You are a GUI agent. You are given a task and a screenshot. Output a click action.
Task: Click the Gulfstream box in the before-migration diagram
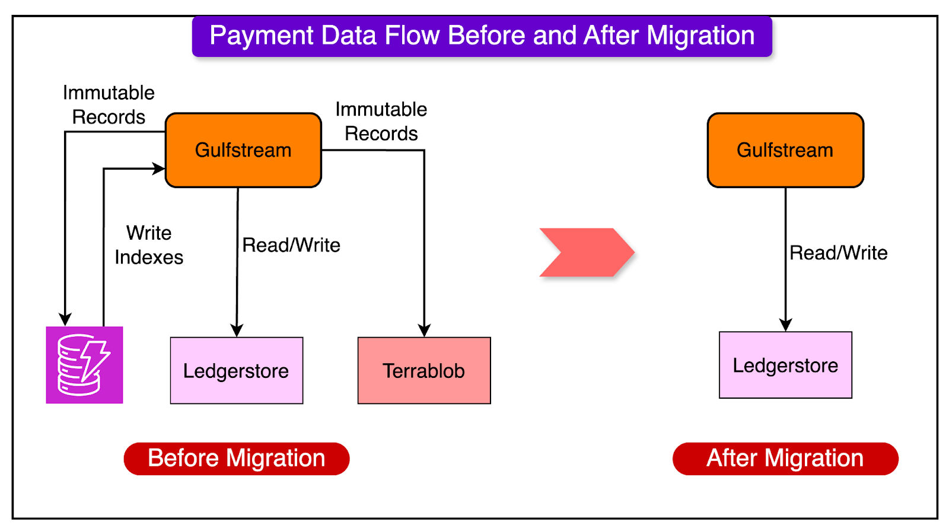(243, 150)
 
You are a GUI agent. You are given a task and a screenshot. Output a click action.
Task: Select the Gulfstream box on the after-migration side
(785, 150)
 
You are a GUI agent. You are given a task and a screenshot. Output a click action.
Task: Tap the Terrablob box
(424, 371)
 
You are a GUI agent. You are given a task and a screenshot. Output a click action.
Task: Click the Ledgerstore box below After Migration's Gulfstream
(785, 365)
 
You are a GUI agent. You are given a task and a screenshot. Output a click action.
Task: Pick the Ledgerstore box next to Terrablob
(236, 371)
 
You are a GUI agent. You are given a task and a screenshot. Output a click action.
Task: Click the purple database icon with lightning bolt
(84, 365)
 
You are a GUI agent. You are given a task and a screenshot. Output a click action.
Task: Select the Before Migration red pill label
(236, 459)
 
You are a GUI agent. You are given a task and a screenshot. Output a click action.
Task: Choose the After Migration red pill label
(785, 459)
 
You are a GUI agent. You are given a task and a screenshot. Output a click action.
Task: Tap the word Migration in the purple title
(700, 36)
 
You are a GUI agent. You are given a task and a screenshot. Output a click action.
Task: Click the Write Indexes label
(149, 245)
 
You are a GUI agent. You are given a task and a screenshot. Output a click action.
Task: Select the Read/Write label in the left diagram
(291, 245)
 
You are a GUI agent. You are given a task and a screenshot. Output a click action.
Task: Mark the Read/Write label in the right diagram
(838, 253)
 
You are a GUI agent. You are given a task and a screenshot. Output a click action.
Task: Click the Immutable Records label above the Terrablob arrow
(381, 122)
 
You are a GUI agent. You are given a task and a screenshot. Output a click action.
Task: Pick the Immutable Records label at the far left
(109, 105)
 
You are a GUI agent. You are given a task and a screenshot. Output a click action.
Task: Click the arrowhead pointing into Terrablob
(424, 330)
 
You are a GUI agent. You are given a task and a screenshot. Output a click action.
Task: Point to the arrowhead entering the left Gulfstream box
(158, 168)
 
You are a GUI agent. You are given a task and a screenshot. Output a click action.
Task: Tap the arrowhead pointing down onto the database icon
(65, 319)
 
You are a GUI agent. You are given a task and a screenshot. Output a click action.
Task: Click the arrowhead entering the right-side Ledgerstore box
(786, 325)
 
